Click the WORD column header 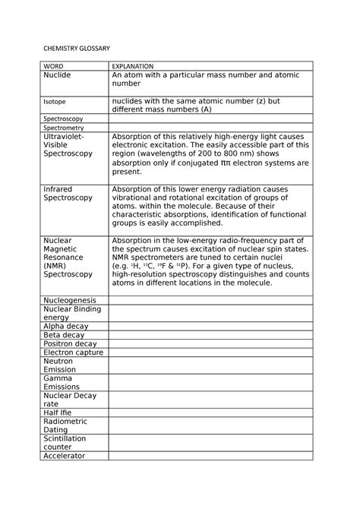pos(54,67)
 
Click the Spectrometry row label pos(63,128)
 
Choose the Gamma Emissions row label pos(61,382)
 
